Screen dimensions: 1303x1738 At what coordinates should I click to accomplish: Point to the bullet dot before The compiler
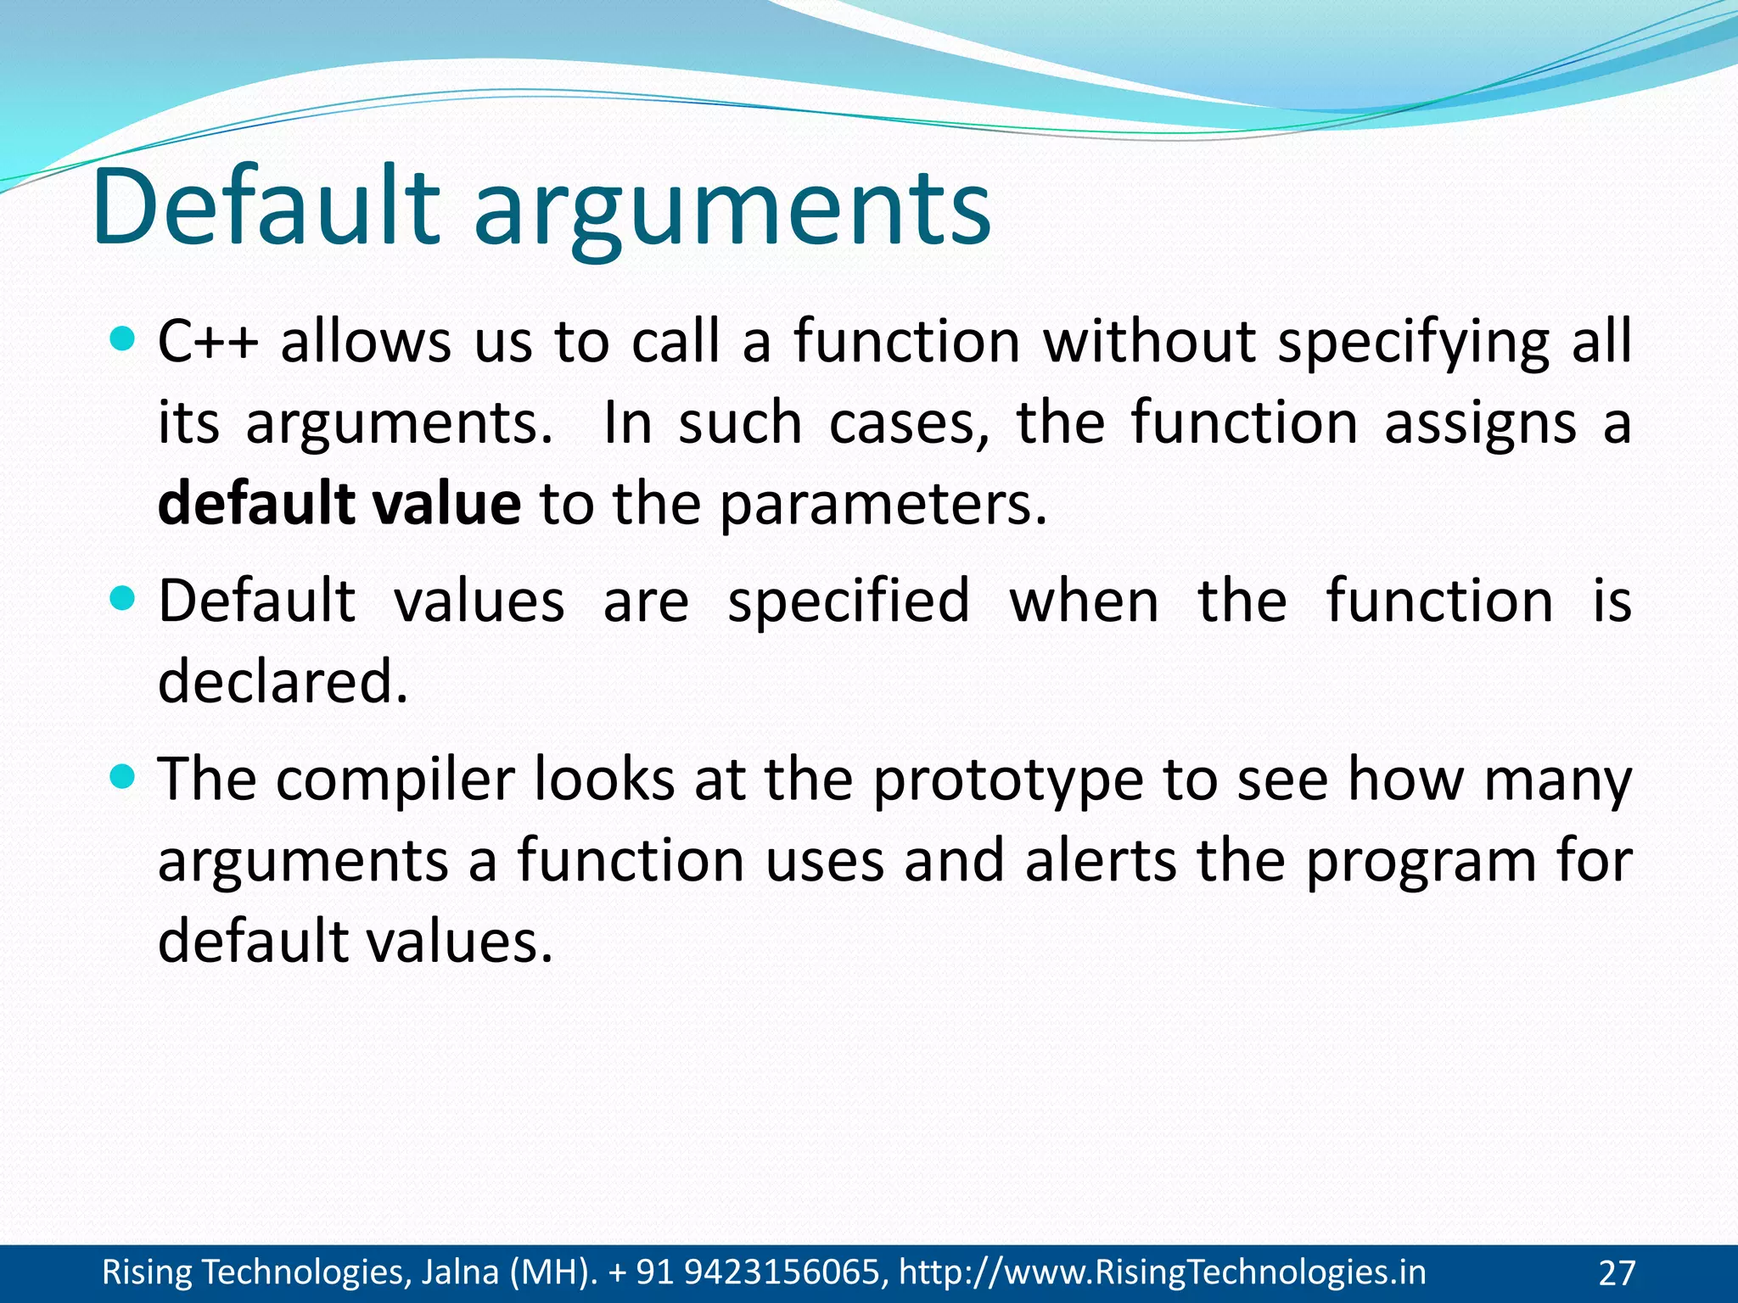[x=124, y=777]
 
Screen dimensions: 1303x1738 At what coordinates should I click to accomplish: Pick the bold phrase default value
[x=339, y=504]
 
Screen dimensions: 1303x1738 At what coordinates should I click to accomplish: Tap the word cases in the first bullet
[x=908, y=423]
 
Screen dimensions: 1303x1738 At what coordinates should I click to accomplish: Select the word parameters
[x=883, y=506]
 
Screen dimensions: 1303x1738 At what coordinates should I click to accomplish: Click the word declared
[x=283, y=681]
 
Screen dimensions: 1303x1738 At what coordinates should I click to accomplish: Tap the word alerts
[x=1101, y=860]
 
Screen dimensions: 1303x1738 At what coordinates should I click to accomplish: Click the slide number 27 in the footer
[x=1617, y=1273]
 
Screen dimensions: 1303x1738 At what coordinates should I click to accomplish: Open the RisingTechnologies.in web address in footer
[x=1163, y=1272]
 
